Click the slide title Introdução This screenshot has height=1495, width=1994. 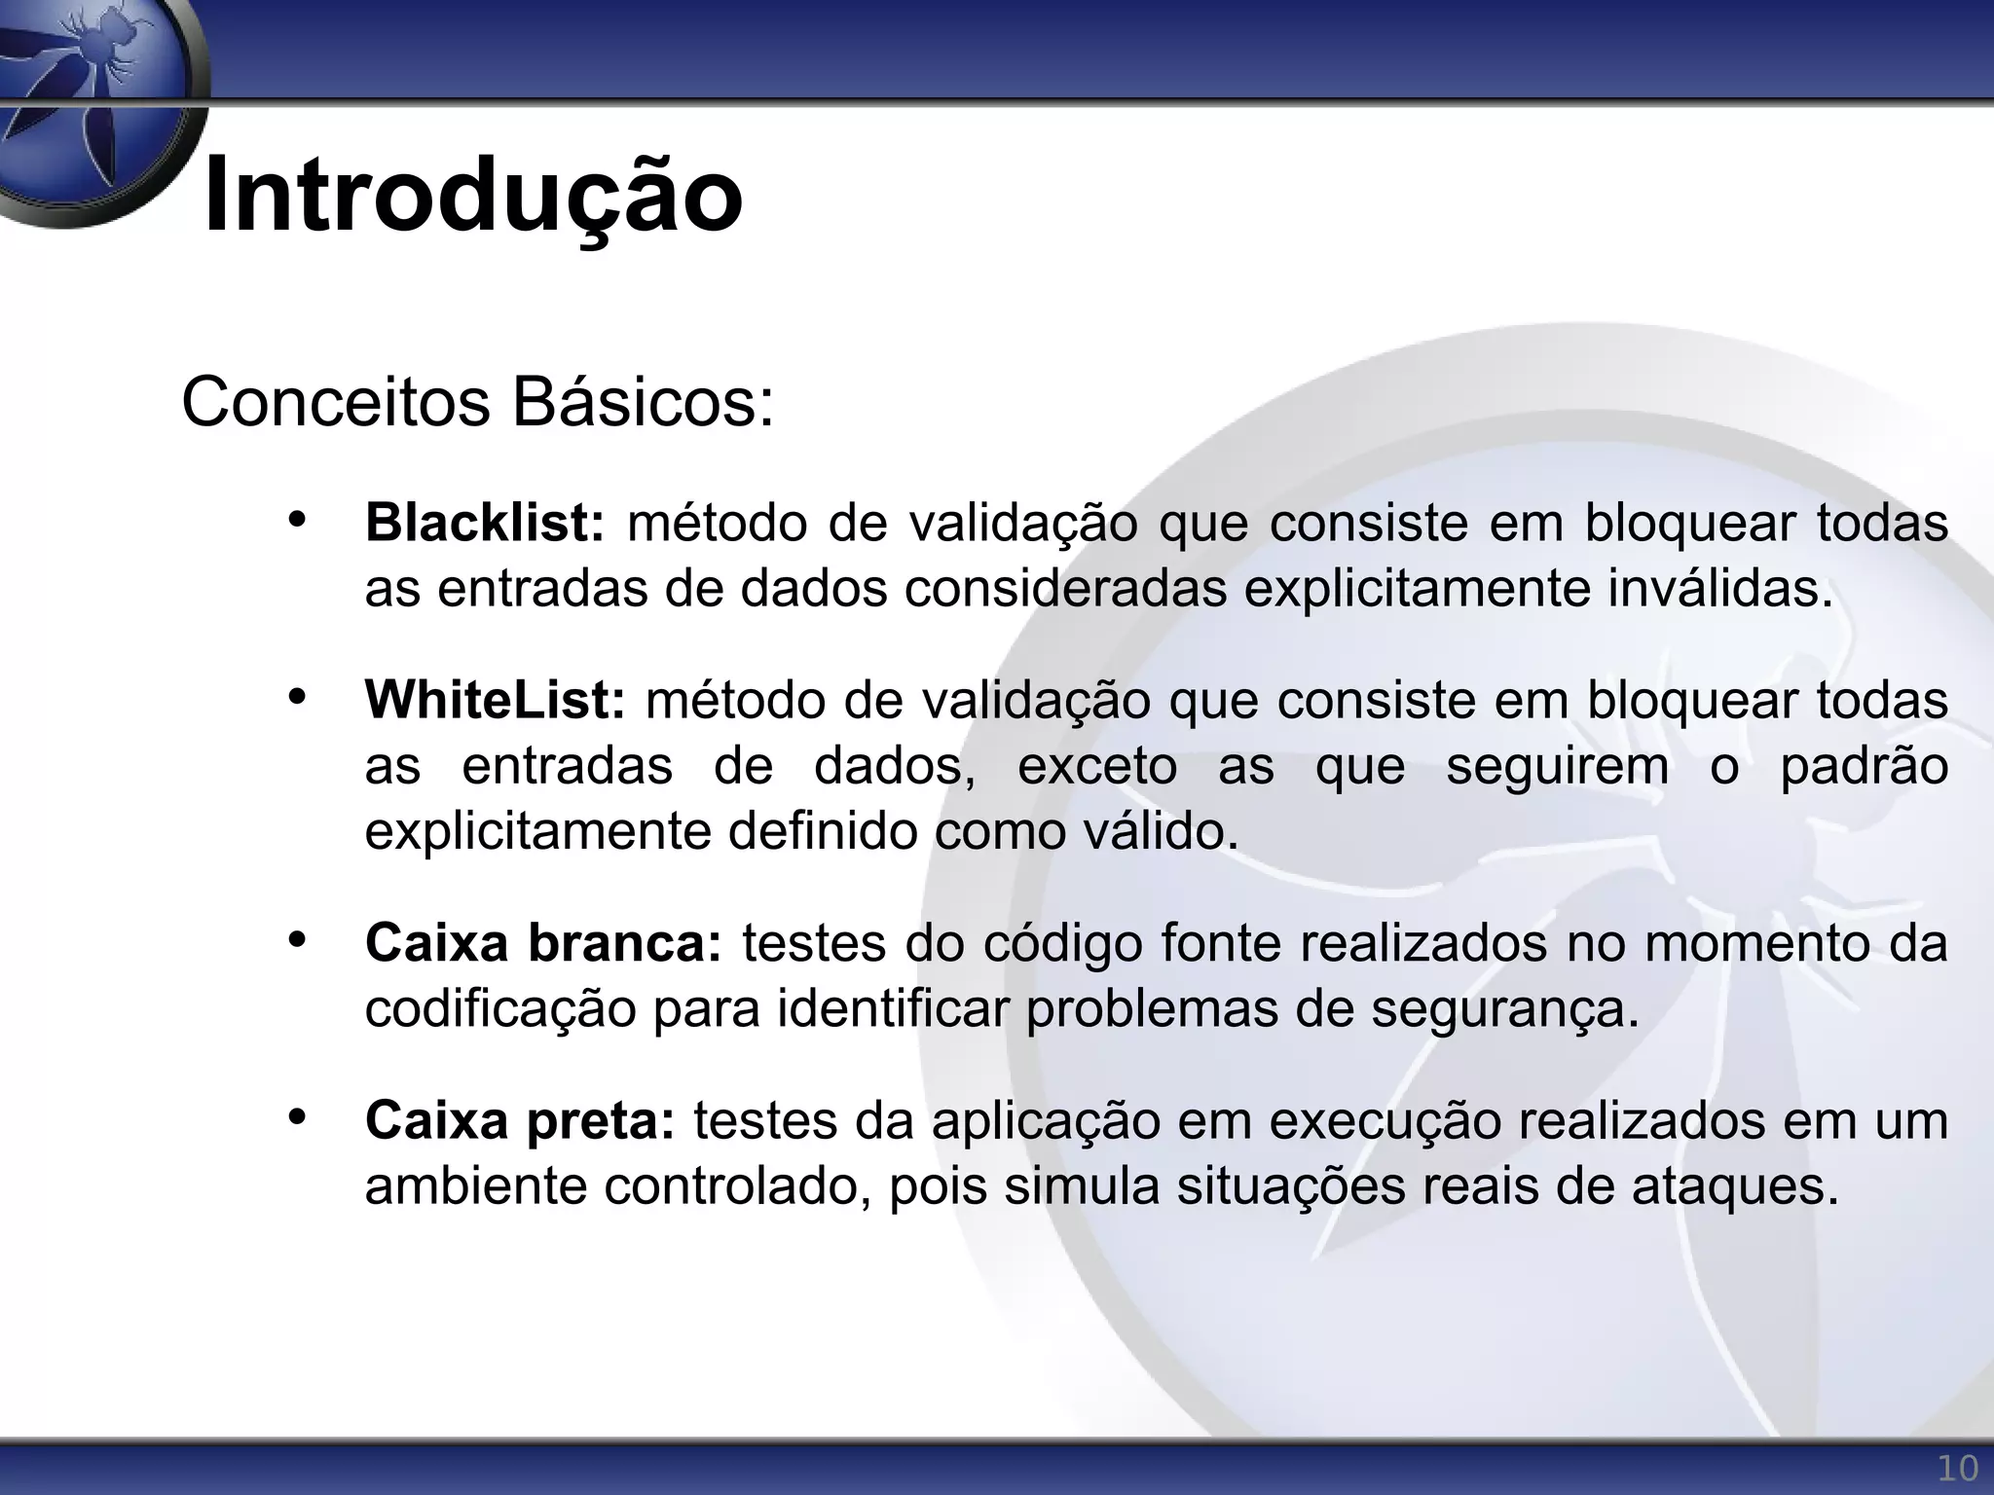(x=473, y=195)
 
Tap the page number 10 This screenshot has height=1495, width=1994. (x=1957, y=1469)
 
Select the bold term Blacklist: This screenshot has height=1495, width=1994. (x=485, y=523)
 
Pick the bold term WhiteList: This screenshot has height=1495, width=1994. (x=495, y=700)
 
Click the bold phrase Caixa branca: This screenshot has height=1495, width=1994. (x=543, y=943)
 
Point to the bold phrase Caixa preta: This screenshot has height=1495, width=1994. (x=520, y=1120)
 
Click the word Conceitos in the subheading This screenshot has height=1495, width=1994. (x=336, y=402)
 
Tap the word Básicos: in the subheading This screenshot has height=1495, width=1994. (x=644, y=402)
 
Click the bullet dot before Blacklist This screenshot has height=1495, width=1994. (x=297, y=519)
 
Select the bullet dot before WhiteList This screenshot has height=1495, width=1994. (x=297, y=696)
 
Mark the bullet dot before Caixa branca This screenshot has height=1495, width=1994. (x=297, y=939)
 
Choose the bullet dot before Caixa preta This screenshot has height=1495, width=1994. (x=297, y=1116)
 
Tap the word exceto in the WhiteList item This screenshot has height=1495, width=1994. (x=1097, y=766)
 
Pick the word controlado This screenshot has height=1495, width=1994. (x=737, y=1186)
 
